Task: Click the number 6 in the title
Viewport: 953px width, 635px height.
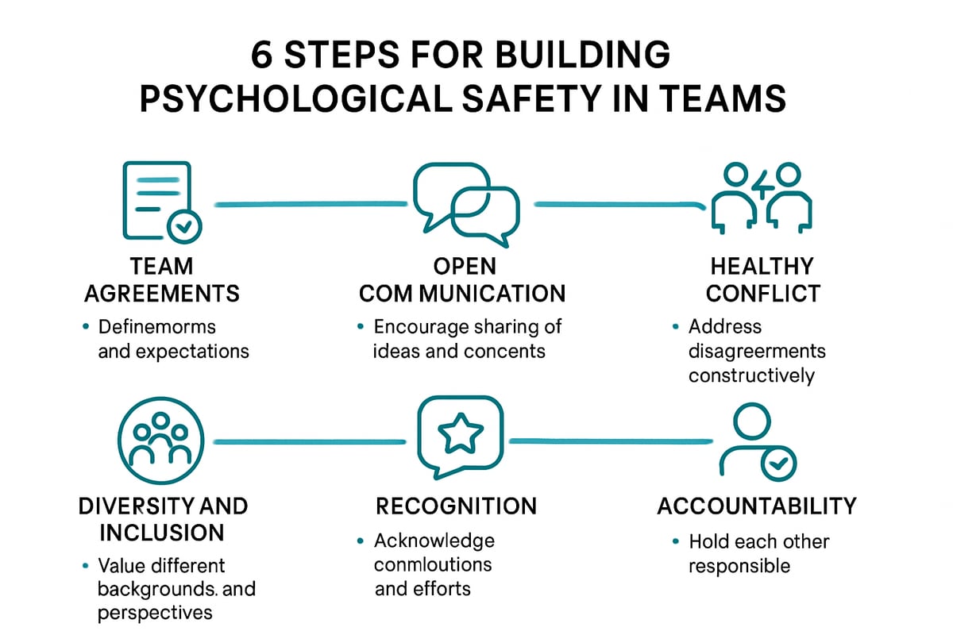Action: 261,59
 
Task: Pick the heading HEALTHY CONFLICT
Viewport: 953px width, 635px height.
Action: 762,279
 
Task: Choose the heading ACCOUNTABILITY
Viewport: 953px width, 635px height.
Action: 757,506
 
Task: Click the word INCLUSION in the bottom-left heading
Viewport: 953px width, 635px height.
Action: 161,531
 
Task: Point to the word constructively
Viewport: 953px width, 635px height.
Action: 751,375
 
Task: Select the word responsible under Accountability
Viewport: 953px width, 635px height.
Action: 739,566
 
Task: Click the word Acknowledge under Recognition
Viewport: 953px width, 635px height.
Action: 434,541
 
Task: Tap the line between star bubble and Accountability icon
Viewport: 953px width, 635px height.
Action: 612,440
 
